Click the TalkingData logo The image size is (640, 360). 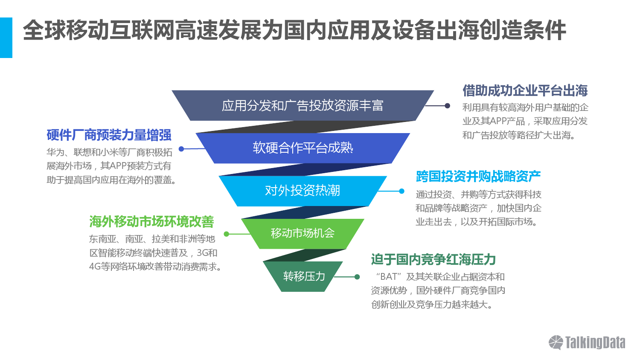(587, 342)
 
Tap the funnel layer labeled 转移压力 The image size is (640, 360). (303, 276)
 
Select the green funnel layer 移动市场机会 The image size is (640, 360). (303, 234)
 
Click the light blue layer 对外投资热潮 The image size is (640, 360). (303, 191)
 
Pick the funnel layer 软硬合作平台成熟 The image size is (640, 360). (303, 148)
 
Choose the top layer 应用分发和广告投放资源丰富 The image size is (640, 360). (303, 105)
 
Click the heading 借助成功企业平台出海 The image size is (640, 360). (525, 90)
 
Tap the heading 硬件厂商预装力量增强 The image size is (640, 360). (109, 135)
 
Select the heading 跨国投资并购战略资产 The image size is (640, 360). (478, 176)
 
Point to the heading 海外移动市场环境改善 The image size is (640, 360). (151, 222)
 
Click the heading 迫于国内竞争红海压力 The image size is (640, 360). (433, 259)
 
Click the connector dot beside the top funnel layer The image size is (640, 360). (448, 106)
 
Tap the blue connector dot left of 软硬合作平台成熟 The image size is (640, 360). (181, 149)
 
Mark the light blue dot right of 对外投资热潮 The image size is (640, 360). (402, 191)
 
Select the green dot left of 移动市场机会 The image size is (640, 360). (227, 234)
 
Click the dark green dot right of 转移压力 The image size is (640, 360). (357, 277)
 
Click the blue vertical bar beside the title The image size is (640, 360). (6, 38)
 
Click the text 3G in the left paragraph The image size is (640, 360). (202, 253)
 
